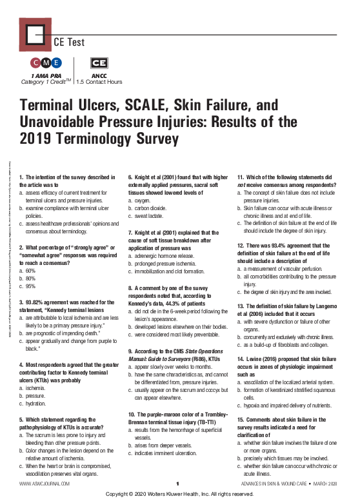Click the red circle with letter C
click(36, 63)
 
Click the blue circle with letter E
click(56, 63)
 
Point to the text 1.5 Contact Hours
click(99, 83)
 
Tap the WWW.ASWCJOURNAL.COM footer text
click(45, 484)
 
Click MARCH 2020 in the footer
click(326, 484)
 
